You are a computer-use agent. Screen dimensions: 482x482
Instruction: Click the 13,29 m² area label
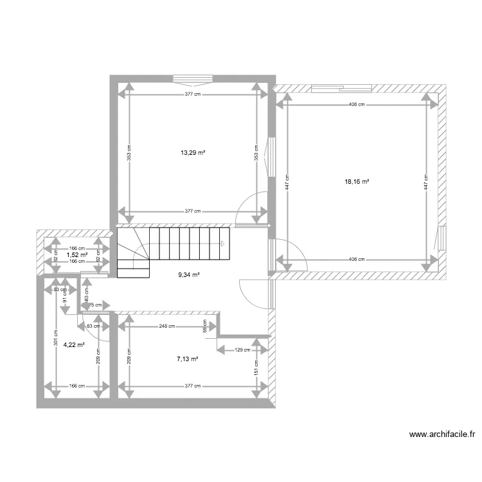coord(193,153)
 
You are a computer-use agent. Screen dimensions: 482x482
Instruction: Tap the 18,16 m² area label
coord(357,182)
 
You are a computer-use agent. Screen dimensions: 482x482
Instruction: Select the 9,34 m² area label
coord(188,274)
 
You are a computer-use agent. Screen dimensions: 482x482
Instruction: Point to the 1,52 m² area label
coord(76,255)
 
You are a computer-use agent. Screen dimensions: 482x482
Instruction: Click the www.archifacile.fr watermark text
coord(442,434)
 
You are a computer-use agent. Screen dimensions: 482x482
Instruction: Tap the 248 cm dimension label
coord(167,326)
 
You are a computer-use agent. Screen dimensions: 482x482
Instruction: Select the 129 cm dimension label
coord(242,350)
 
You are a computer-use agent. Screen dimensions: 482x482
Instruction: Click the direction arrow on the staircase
coord(222,244)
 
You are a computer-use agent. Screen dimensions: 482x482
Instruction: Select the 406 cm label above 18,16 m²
coord(357,104)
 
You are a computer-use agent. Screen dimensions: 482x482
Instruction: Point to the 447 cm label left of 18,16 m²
coord(287,182)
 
